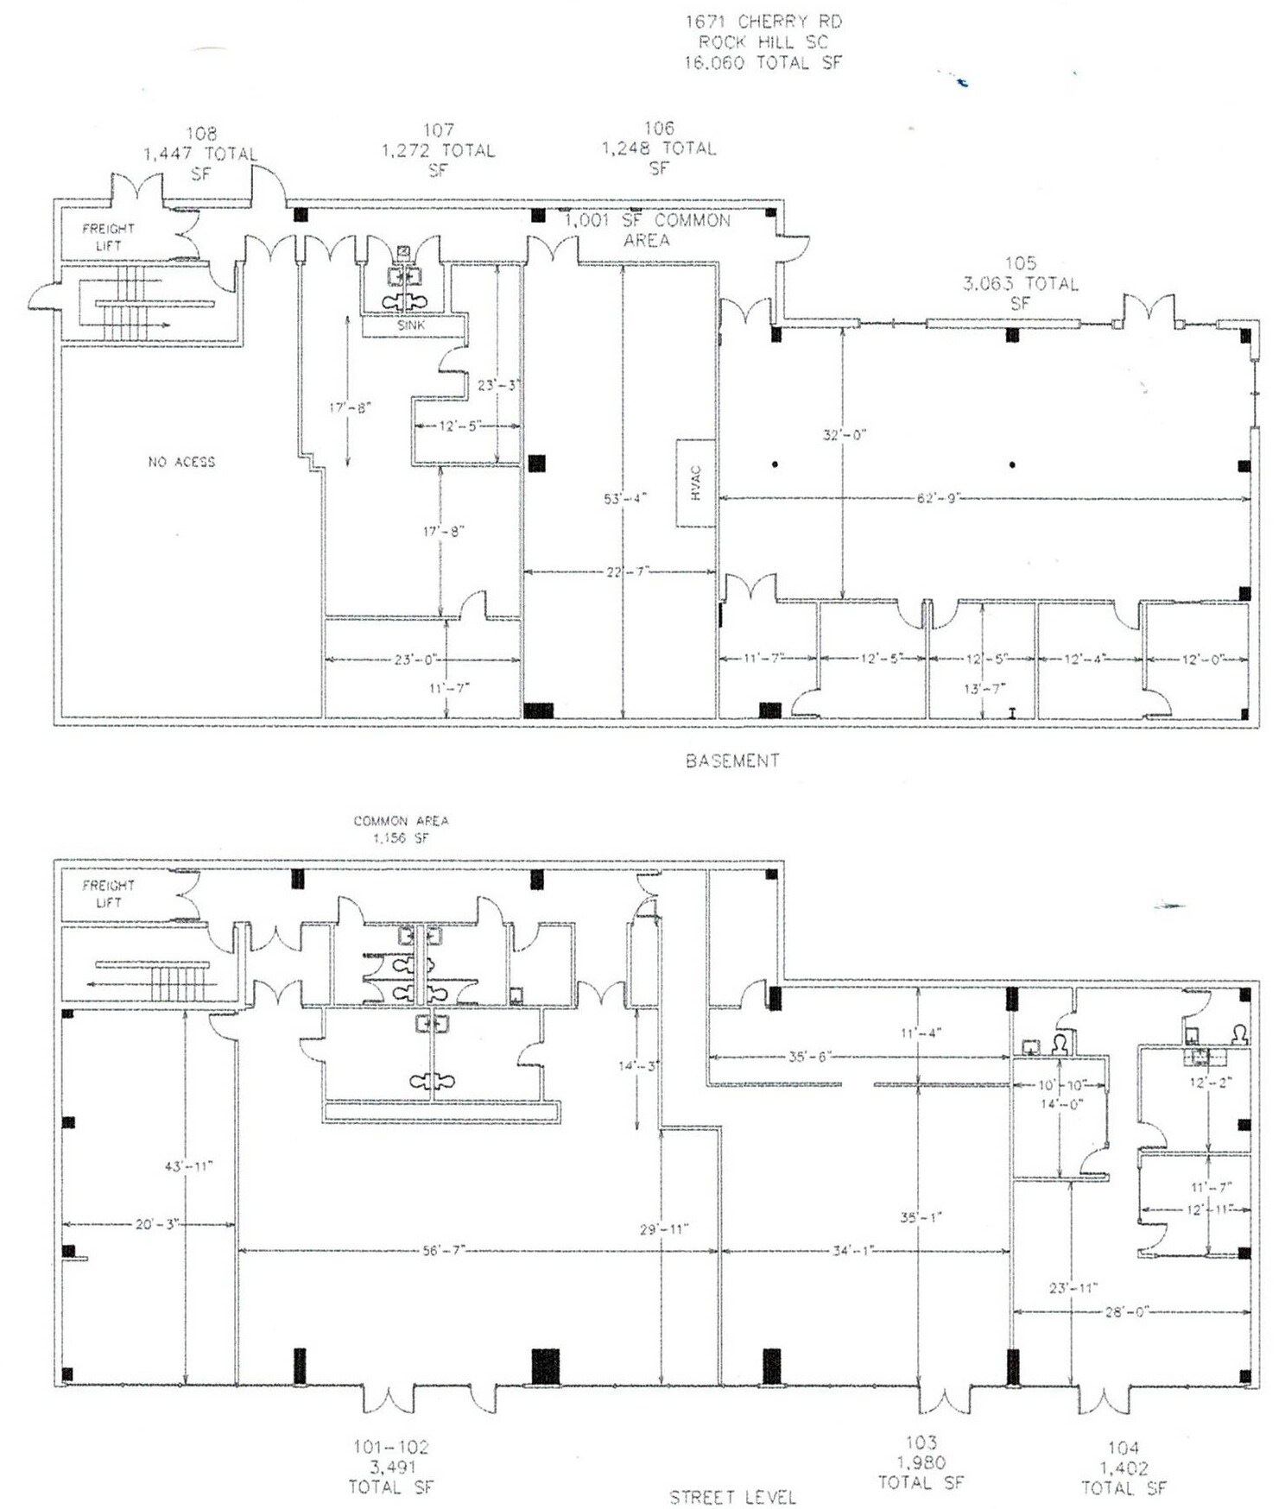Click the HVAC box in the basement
(x=696, y=483)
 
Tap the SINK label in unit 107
(x=411, y=325)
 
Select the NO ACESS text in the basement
(x=181, y=462)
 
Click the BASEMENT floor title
(x=732, y=761)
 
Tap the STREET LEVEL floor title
(x=732, y=1497)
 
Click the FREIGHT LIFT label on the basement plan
(x=108, y=237)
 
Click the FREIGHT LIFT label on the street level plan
(x=108, y=893)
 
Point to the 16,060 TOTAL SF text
(x=763, y=62)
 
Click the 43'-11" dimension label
(x=188, y=1166)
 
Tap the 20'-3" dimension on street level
(x=156, y=1223)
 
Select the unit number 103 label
(x=921, y=1442)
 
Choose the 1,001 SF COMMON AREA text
(x=648, y=230)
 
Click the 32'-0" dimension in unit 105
(x=844, y=435)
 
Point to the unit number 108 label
(x=201, y=133)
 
